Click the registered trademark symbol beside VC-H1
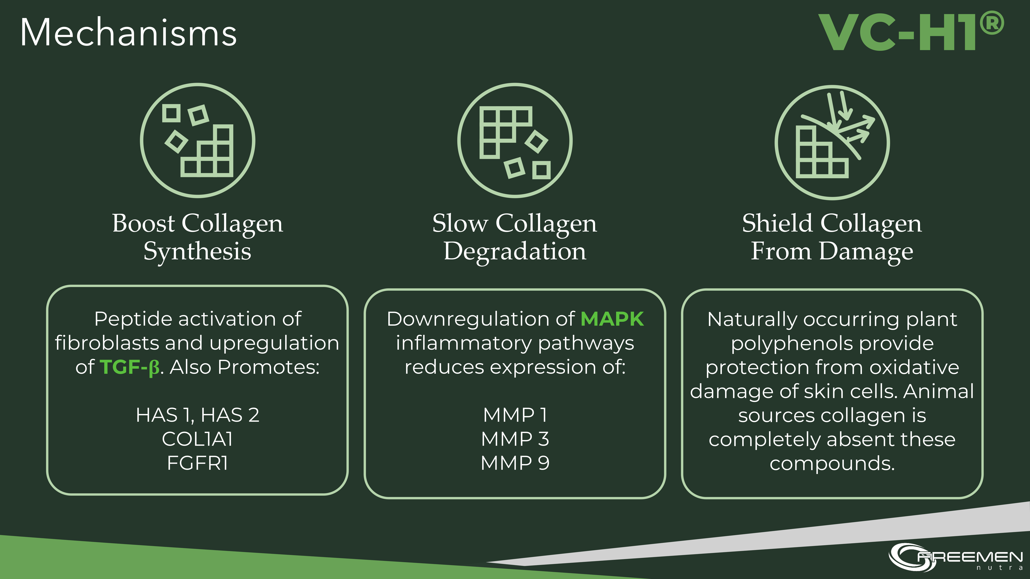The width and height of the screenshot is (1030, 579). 992,23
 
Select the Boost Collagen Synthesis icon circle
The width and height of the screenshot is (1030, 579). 198,140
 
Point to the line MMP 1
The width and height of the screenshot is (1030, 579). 515,415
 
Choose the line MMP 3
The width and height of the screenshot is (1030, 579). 515,439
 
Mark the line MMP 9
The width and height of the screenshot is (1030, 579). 515,463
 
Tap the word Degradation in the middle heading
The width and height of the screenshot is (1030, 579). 515,252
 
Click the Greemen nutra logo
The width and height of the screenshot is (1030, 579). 956,556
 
